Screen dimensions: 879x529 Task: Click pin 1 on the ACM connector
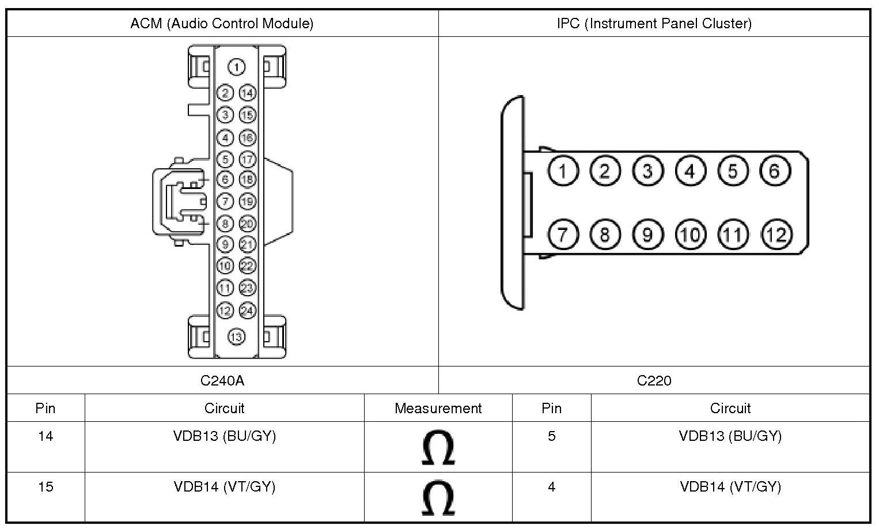click(236, 67)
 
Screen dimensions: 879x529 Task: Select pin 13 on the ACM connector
click(236, 337)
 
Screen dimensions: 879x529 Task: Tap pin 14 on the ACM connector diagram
click(248, 93)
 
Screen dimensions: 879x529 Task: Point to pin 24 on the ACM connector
click(248, 311)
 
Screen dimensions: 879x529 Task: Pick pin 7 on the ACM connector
click(225, 202)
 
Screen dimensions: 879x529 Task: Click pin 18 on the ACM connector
click(248, 180)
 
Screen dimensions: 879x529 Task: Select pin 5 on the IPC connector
click(733, 171)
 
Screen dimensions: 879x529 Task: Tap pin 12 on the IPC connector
click(776, 235)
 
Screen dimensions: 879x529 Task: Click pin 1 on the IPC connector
click(563, 171)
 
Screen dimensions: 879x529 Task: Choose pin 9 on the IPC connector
click(648, 235)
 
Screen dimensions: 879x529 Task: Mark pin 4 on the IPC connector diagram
click(690, 171)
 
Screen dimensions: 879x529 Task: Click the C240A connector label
click(222, 380)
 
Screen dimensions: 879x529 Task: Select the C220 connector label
click(654, 380)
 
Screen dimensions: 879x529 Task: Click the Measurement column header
click(438, 408)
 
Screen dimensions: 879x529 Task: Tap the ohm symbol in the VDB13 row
click(438, 447)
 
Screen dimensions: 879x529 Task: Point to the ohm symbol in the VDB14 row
click(438, 498)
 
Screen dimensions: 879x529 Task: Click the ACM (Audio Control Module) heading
click(222, 24)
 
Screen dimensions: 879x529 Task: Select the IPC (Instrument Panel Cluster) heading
click(654, 24)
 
